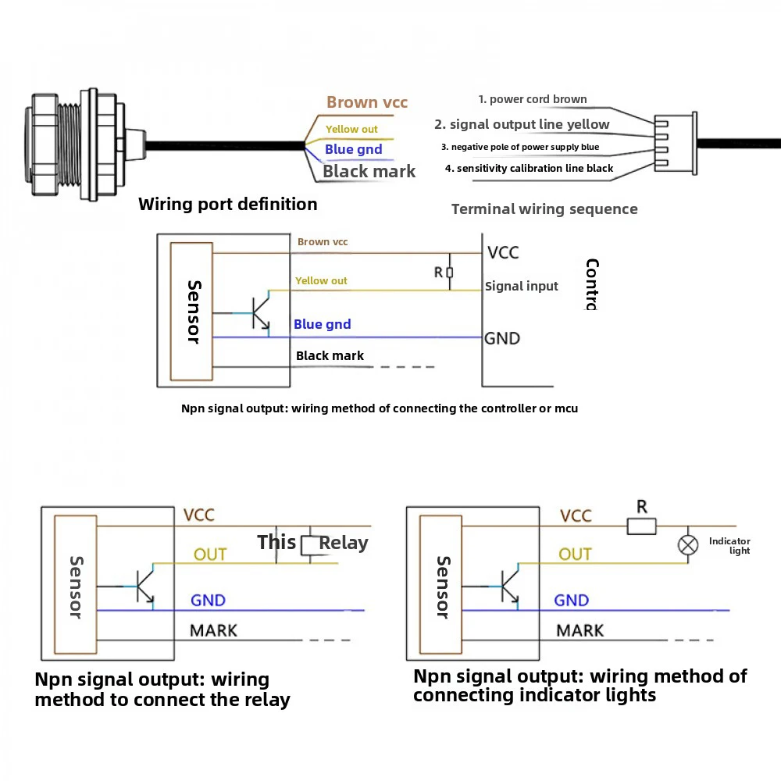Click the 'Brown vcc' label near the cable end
click(367, 102)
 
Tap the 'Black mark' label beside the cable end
click(369, 172)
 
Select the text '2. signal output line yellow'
click(522, 124)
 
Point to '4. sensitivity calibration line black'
click(529, 168)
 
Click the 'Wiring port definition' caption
click(227, 205)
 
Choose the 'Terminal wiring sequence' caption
click(544, 209)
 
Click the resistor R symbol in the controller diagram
click(450, 273)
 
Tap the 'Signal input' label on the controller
click(521, 287)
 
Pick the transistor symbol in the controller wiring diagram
click(259, 313)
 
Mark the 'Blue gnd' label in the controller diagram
click(322, 324)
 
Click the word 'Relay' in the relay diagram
click(344, 543)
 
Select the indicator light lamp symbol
click(688, 545)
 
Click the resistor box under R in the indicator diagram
click(642, 527)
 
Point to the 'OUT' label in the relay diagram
click(210, 555)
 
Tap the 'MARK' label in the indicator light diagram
click(580, 630)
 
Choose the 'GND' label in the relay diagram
click(208, 601)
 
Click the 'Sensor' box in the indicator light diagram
click(443, 586)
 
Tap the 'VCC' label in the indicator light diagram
click(576, 515)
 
